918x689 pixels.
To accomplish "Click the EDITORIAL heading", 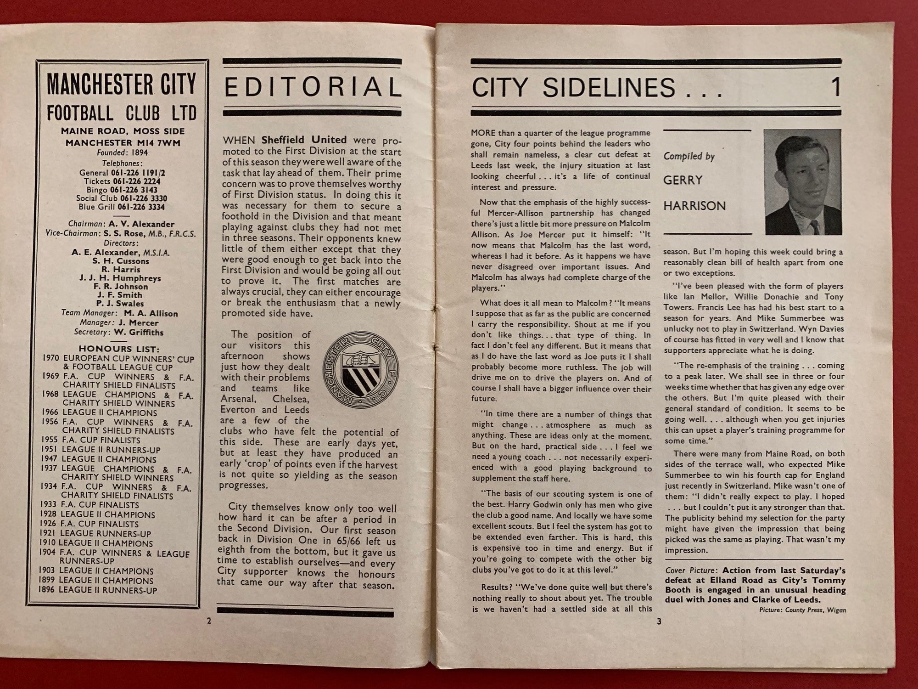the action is (x=312, y=88).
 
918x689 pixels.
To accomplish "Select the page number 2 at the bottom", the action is (x=209, y=621).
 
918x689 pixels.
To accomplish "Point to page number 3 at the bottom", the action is (x=659, y=622).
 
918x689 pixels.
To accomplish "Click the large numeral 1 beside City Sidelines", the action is (x=836, y=87).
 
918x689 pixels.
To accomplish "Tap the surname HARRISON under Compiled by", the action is (x=694, y=206).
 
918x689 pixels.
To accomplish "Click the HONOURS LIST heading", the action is (x=119, y=349).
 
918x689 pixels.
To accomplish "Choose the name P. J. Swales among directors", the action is (x=121, y=304).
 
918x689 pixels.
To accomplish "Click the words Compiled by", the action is (x=689, y=157).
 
